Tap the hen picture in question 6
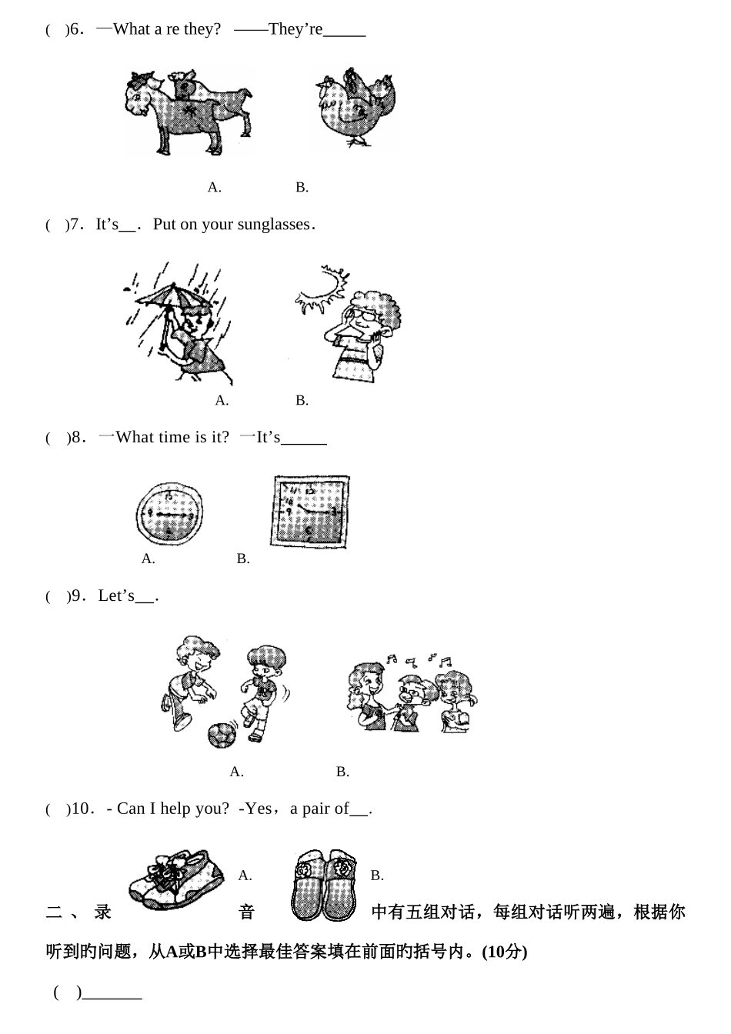click(355, 107)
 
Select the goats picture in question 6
click(189, 112)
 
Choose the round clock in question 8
click(169, 513)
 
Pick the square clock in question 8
click(309, 512)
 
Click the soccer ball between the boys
click(222, 735)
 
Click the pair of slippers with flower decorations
click(324, 885)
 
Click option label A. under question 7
click(222, 400)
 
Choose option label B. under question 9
click(342, 772)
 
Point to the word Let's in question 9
click(116, 595)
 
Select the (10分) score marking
click(504, 952)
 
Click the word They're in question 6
click(295, 29)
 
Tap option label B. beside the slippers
click(377, 876)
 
